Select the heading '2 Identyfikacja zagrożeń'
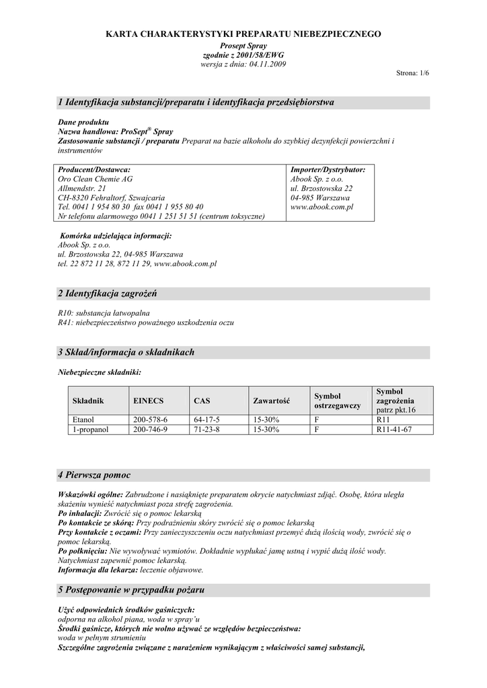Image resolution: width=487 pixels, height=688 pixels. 112,294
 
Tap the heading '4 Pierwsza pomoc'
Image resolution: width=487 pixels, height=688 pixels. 94,475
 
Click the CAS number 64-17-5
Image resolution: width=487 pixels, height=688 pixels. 207,419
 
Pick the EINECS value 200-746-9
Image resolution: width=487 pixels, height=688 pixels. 150,429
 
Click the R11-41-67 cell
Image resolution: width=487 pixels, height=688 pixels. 394,429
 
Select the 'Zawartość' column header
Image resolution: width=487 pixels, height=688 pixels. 271,400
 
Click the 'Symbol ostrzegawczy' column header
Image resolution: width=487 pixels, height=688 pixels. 338,400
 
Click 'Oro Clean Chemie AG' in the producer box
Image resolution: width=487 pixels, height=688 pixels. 95,179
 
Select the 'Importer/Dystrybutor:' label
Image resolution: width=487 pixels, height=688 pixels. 328,170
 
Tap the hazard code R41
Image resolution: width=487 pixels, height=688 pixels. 66,322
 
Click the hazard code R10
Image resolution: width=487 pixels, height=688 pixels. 66,313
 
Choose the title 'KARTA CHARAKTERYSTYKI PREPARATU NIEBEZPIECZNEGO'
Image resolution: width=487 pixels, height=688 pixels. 243,34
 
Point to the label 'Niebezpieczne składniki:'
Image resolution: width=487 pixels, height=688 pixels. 100,371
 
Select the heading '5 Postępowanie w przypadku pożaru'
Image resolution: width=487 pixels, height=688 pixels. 131,589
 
